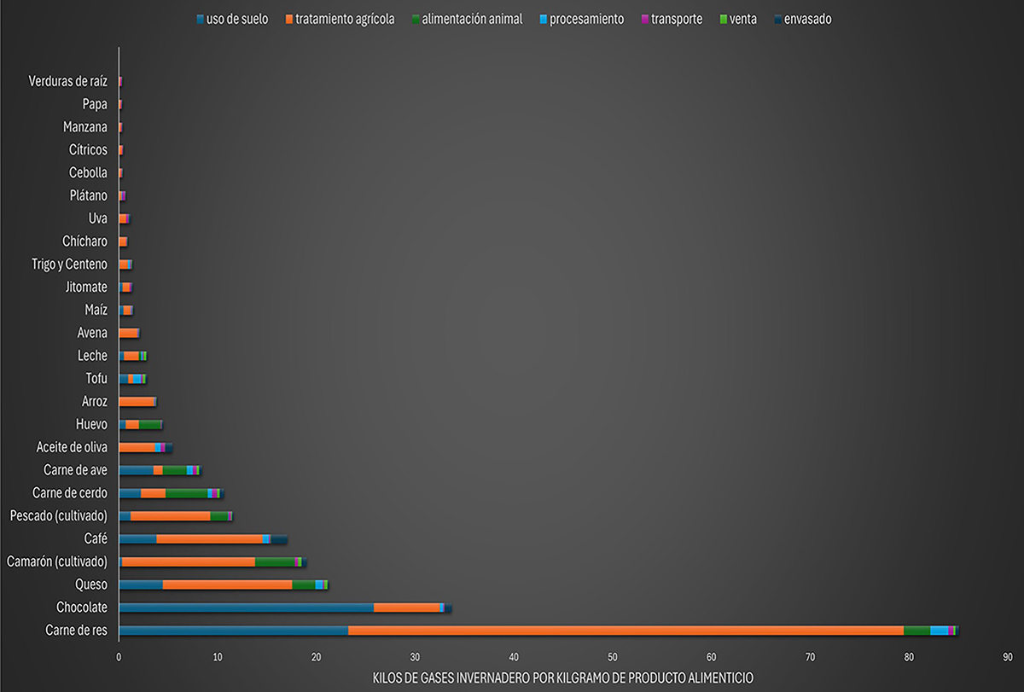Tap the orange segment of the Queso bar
pos(227,584)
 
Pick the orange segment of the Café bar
pos(209,538)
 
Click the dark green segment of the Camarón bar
pos(275,561)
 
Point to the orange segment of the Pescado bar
pos(171,515)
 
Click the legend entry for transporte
pos(676,19)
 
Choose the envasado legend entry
pos(806,19)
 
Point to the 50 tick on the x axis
pos(613,658)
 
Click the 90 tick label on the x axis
pos(1008,658)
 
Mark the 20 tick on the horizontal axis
pos(317,658)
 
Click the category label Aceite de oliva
pos(72,446)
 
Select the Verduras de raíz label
pos(67,81)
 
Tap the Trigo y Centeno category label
pos(69,264)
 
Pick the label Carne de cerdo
pos(69,492)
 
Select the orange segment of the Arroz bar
pos(137,401)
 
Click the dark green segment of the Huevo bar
pos(150,424)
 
